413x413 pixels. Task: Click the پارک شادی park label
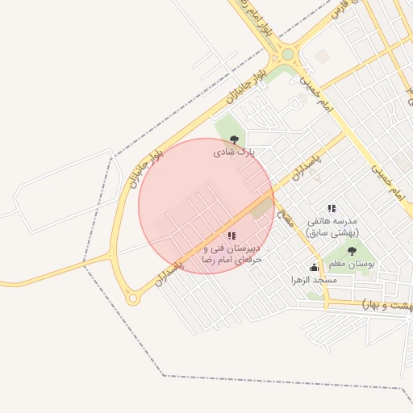(x=234, y=151)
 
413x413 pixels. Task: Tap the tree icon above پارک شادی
(x=234, y=139)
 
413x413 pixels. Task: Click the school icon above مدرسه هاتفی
(x=332, y=208)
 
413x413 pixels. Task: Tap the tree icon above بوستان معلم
(x=351, y=252)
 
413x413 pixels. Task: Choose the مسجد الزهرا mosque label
(x=314, y=280)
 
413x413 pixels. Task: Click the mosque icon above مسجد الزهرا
(x=314, y=268)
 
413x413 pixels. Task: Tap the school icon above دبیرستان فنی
(x=232, y=236)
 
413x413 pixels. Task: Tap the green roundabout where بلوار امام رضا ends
(x=288, y=54)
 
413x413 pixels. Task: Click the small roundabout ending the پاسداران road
(x=133, y=298)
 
